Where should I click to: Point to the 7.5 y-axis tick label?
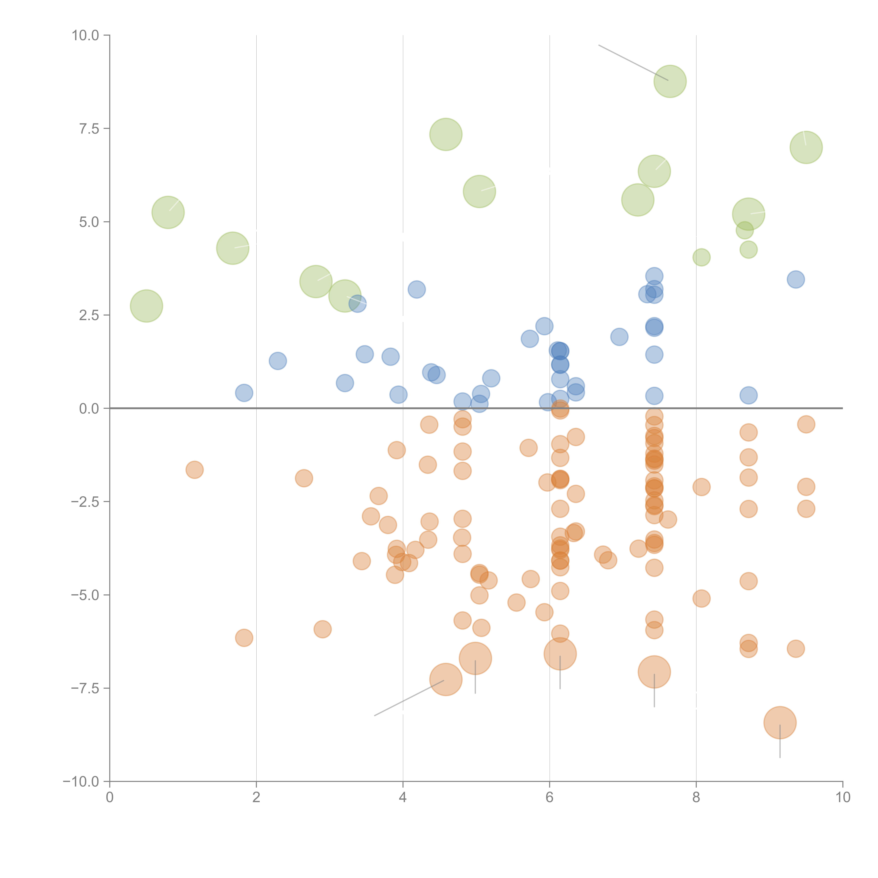[x=89, y=129]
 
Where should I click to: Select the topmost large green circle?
[x=670, y=81]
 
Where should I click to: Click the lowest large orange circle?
[x=780, y=723]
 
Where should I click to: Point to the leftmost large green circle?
[x=146, y=306]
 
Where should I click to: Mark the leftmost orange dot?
[x=195, y=469]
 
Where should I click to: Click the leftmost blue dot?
[x=244, y=393]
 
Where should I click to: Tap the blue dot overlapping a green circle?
[x=358, y=303]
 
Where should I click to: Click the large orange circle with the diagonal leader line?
[x=446, y=679]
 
